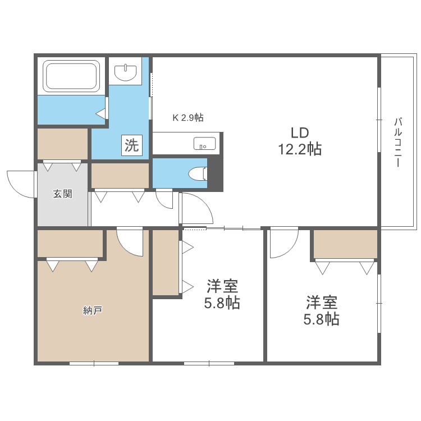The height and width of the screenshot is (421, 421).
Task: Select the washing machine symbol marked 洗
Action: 132,146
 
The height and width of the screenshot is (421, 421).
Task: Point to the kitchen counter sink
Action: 204,144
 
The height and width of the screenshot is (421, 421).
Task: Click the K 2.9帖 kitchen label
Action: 187,118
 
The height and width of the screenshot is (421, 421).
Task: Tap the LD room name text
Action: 300,133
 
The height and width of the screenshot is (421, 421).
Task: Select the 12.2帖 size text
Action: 300,149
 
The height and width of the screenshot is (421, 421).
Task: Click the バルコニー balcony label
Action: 398,142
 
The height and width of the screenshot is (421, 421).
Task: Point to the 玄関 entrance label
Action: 62,194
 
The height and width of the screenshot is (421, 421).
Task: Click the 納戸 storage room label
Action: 92,310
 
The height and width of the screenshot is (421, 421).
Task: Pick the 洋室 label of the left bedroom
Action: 222,287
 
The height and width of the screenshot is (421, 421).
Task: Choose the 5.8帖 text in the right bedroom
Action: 322,319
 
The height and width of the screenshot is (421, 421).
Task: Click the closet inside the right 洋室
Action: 345,244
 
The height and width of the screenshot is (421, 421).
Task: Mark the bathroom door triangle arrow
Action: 101,114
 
